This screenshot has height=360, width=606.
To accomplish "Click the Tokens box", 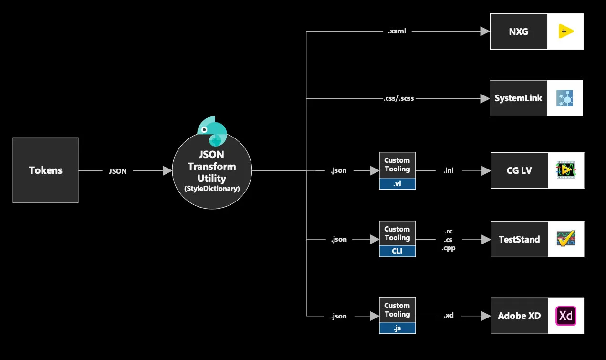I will pos(45,170).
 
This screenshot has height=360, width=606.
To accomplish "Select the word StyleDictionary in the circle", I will pos(212,189).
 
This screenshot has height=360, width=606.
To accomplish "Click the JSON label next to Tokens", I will pos(117,171).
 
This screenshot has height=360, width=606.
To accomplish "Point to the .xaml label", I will pos(397,31).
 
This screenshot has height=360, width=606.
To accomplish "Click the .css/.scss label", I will pos(399,99).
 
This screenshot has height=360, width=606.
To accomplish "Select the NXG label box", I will pos(519,32).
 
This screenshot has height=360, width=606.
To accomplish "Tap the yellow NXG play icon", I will pos(565,32).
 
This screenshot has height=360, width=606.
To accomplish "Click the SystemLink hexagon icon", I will pos(565,98).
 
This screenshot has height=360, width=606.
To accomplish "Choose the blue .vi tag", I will pos(397,183).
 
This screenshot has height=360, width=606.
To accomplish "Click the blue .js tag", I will pos(397,328).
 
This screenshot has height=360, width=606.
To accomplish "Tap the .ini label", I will pos(449,170).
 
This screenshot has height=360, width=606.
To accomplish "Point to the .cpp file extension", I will pos(449,248).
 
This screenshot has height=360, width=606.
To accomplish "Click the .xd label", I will pos(449,316).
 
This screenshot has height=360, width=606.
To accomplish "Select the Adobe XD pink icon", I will pos(566,316).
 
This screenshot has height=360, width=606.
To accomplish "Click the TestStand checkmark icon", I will pos(566,239).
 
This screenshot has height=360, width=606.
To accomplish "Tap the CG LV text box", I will pos(519,170).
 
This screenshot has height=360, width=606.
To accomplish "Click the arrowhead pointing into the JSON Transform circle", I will pos(167,170).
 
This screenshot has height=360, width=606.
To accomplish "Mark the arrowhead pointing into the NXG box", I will pos(485,31).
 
